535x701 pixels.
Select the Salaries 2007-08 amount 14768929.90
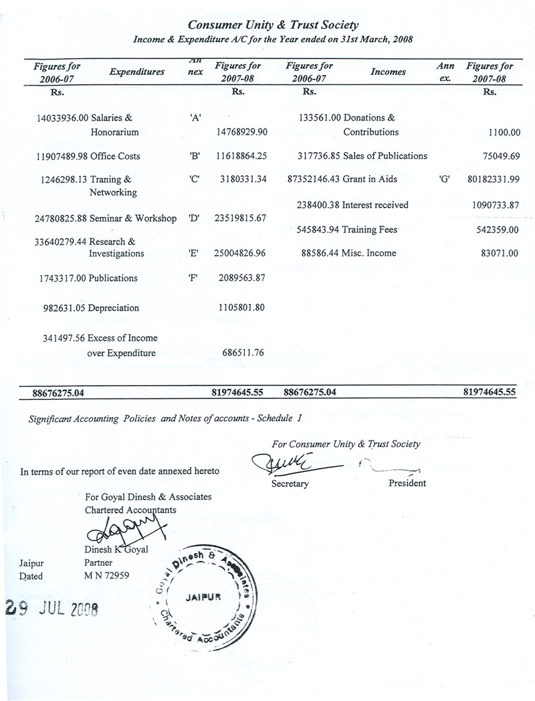coord(241,132)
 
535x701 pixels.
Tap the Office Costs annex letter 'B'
coord(195,156)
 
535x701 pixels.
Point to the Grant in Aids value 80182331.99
coord(486,180)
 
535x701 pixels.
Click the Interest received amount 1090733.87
coord(491,205)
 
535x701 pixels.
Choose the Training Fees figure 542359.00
coord(496,230)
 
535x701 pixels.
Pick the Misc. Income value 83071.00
coord(498,253)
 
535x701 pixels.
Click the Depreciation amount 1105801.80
coord(241,308)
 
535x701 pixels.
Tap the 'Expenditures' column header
coord(136,72)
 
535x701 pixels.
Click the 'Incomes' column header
coord(388,72)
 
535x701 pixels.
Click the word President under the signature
coord(407,483)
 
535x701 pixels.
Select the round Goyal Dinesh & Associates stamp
coord(203,597)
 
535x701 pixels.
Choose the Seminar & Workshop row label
coord(132,218)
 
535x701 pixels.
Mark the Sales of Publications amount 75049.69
coord(496,156)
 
